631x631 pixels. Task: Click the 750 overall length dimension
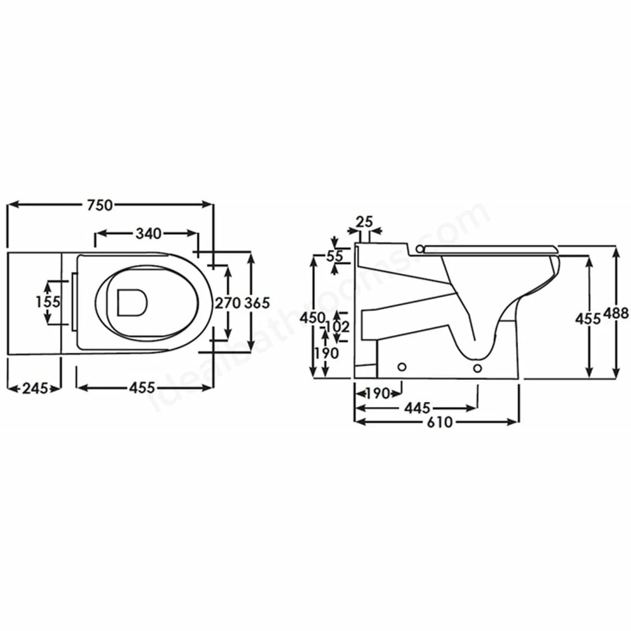point(100,204)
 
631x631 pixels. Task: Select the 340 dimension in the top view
point(148,233)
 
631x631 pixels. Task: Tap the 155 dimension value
point(47,302)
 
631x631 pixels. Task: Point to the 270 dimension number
point(227,302)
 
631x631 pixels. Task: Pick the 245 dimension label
point(35,388)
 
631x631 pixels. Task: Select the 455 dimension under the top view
point(142,388)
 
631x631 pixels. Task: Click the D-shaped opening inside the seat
point(131,302)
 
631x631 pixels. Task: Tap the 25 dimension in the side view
point(365,221)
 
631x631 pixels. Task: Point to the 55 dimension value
point(334,256)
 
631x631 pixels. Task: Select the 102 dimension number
point(339,327)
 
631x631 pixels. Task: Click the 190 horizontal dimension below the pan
point(377,393)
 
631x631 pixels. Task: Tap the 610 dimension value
point(439,422)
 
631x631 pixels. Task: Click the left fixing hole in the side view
point(401,367)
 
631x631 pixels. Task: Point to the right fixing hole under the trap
point(477,367)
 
